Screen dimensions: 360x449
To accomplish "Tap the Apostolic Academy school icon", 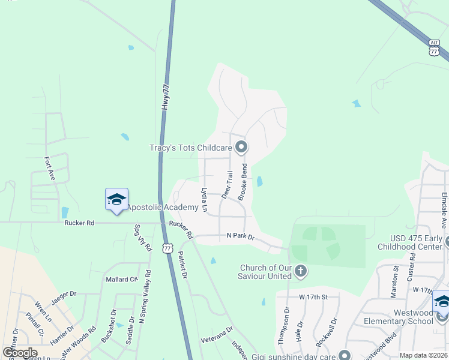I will [x=116, y=200].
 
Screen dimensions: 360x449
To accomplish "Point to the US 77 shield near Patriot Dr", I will [x=168, y=247].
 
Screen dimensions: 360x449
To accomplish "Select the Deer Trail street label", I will [x=228, y=185].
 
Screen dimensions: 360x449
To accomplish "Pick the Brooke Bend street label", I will [x=243, y=181].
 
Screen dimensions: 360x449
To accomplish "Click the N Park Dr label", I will [x=240, y=237].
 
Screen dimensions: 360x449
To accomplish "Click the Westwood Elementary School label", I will [x=397, y=316].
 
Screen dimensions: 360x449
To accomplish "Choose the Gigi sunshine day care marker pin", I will [x=344, y=355].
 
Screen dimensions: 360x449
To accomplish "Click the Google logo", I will [x=20, y=353].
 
